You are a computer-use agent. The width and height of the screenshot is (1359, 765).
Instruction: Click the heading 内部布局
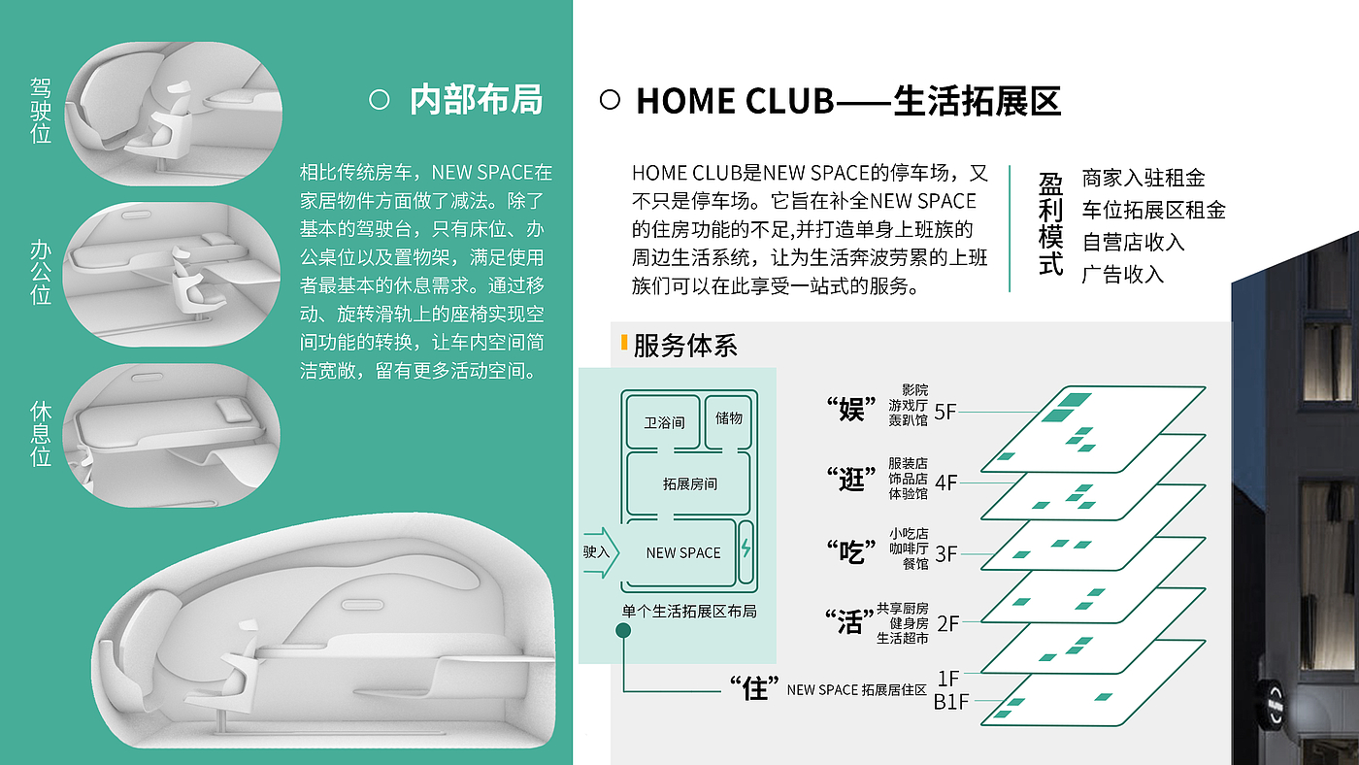click(476, 100)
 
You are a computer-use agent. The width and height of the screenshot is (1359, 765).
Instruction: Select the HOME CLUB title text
click(847, 101)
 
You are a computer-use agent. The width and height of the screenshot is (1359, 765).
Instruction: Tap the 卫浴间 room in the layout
click(664, 422)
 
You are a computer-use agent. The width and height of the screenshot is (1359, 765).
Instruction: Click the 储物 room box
click(728, 418)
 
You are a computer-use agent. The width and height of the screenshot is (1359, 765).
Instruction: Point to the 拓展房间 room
click(690, 483)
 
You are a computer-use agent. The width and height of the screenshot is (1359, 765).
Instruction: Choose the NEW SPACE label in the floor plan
click(683, 552)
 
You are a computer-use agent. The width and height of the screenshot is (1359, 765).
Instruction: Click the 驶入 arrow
click(597, 552)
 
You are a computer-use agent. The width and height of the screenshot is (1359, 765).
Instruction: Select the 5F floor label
click(945, 412)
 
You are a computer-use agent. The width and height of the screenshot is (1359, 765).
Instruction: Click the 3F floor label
click(945, 553)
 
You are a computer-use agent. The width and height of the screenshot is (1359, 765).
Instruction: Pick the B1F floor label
click(951, 701)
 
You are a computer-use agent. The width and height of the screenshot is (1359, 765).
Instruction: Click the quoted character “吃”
click(851, 551)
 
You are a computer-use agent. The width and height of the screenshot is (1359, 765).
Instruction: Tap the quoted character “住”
click(756, 688)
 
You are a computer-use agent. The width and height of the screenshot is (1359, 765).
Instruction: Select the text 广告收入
click(1122, 274)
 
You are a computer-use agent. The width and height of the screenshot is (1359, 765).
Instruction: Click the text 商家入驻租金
click(1144, 178)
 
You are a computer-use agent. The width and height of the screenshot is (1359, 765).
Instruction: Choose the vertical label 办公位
click(41, 273)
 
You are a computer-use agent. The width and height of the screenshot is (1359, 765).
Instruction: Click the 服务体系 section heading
click(685, 346)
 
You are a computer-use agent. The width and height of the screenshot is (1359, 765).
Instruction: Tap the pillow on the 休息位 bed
click(232, 410)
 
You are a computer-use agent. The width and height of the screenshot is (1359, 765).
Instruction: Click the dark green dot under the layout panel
click(623, 631)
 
